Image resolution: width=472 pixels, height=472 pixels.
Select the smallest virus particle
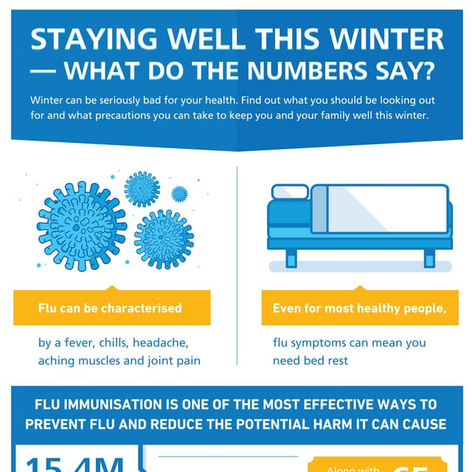(179, 194)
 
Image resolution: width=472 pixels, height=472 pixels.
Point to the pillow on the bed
(291, 193)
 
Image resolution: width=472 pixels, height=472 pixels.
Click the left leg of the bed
(291, 258)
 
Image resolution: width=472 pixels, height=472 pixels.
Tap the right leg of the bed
(429, 258)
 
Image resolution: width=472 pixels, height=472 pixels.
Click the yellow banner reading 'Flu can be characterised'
(111, 308)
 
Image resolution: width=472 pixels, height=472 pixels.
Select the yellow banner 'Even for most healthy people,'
(360, 308)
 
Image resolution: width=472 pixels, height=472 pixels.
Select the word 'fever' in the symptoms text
(80, 343)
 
